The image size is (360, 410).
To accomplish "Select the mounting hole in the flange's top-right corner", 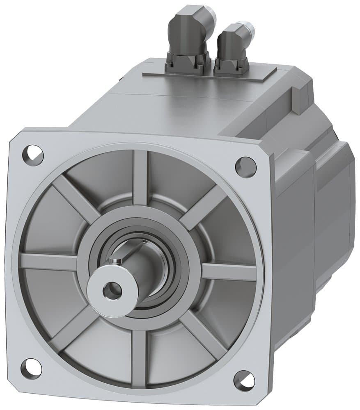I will click(246, 166).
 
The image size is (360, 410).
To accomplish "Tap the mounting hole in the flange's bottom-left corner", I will click(31, 368).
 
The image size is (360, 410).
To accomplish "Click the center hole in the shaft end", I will click(112, 290).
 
